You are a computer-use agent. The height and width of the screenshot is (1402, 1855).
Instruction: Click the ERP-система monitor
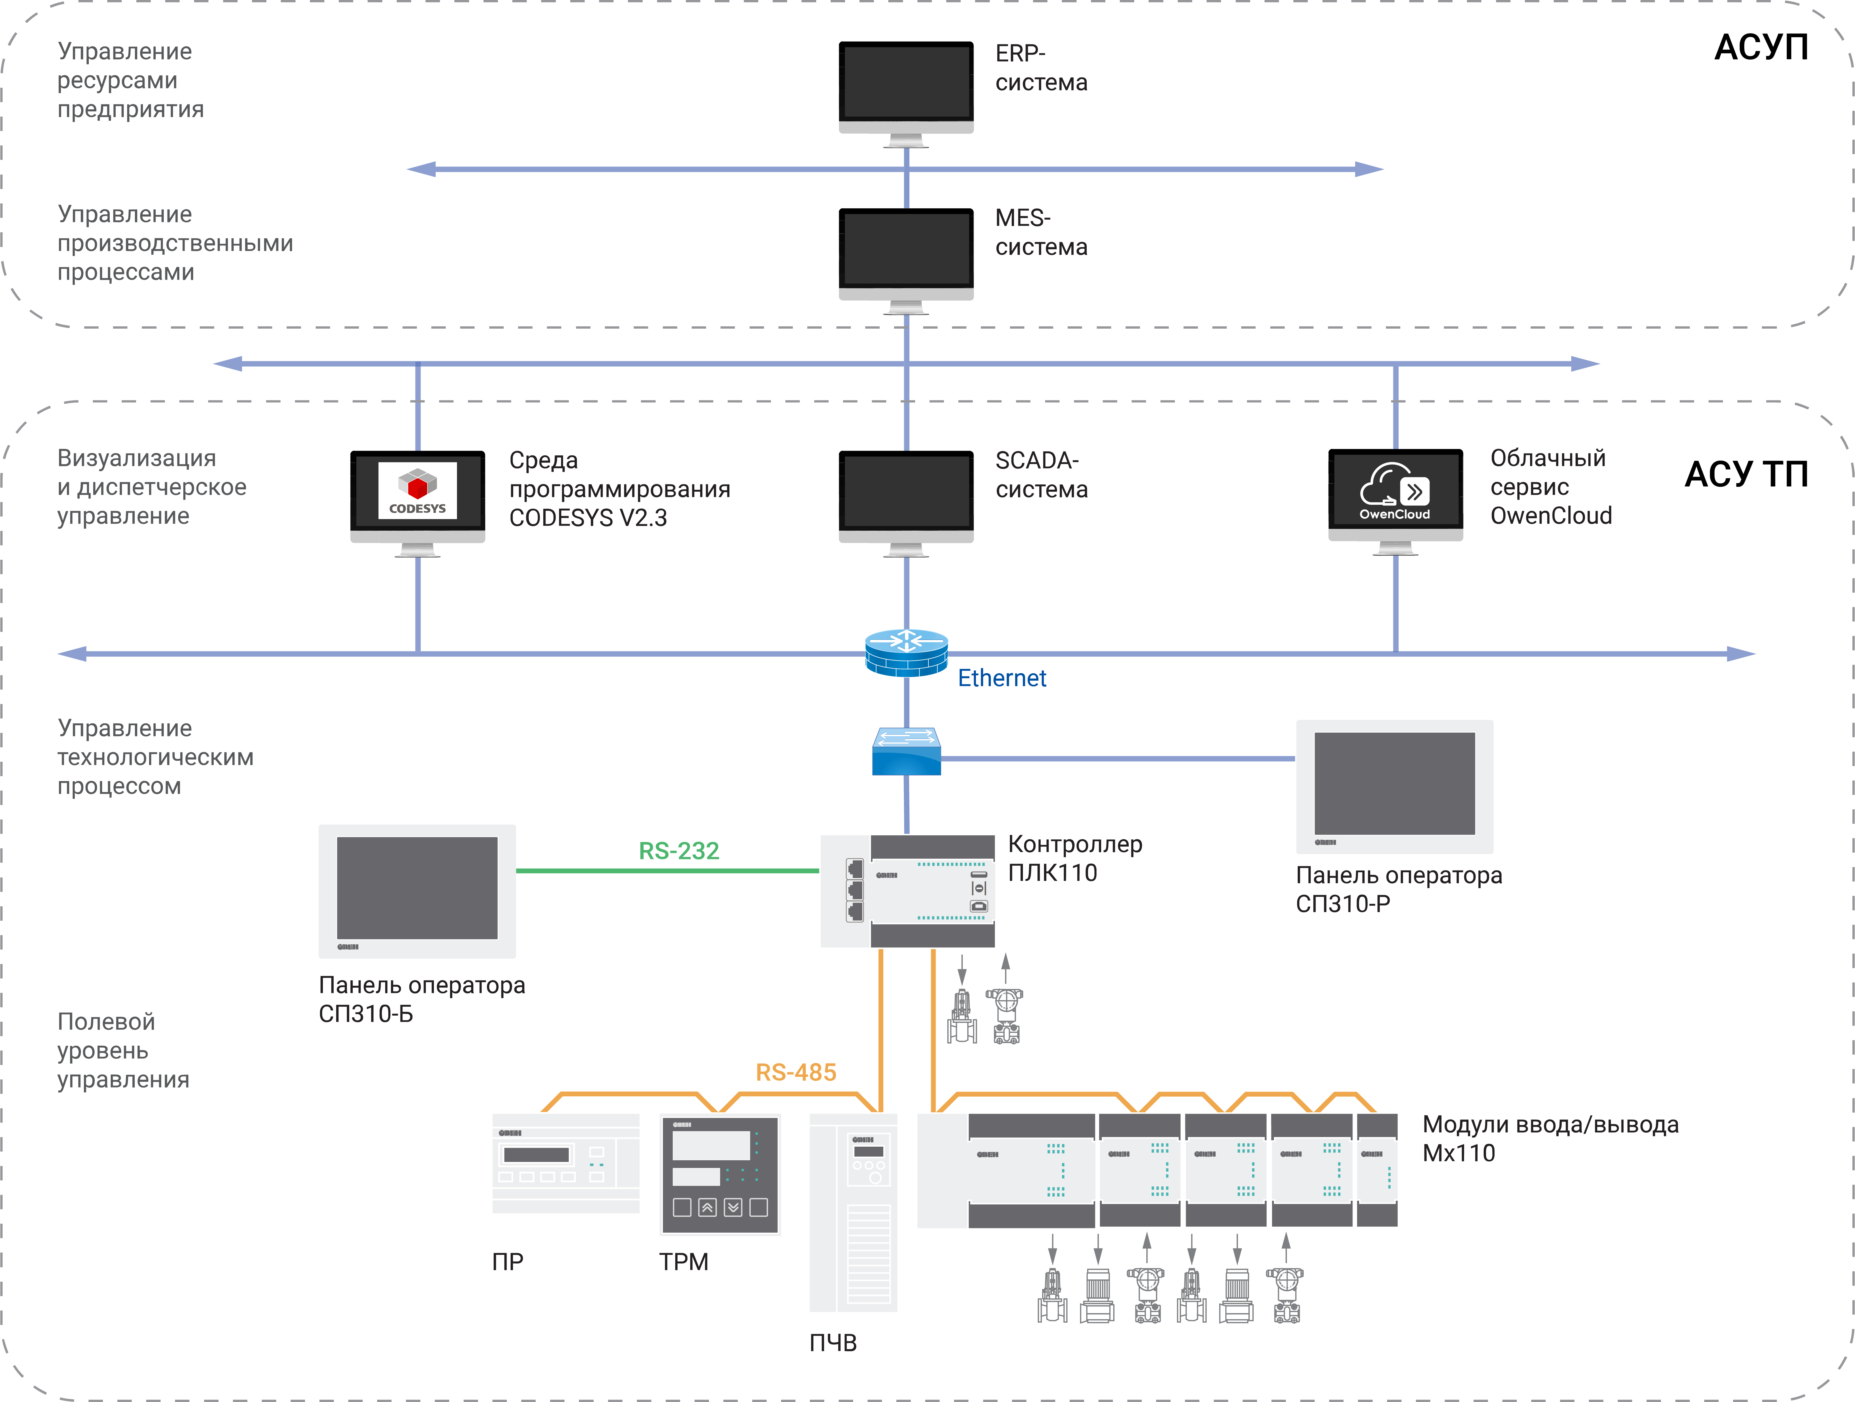point(906,84)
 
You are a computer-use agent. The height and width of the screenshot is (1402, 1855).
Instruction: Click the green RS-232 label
point(678,851)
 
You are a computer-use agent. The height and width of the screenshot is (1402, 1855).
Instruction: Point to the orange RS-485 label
point(796,1072)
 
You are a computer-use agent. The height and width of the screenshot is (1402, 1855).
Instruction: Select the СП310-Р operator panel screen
point(1395,784)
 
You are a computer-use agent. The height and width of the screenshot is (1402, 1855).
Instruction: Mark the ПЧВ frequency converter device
point(853,1212)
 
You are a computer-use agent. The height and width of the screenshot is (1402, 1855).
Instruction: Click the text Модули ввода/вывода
point(1550,1124)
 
